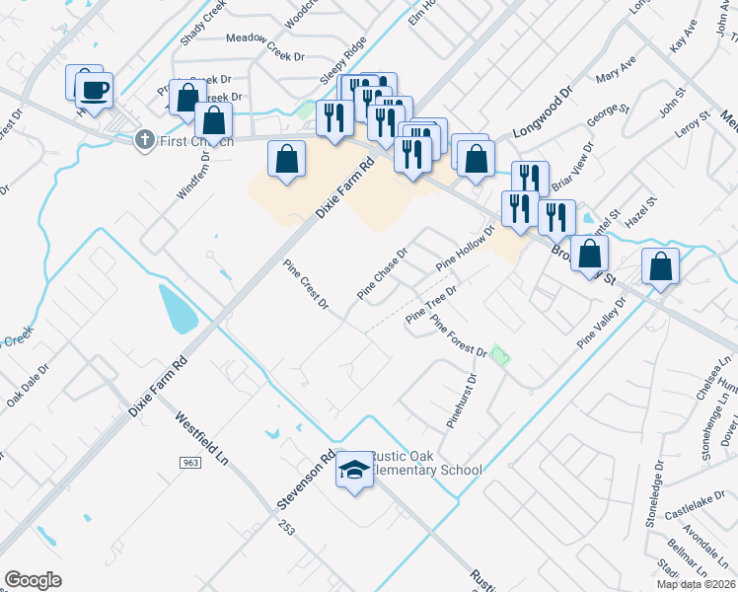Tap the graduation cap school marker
[353, 473]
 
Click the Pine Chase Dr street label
[382, 273]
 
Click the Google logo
[33, 580]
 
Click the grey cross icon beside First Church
[145, 139]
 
